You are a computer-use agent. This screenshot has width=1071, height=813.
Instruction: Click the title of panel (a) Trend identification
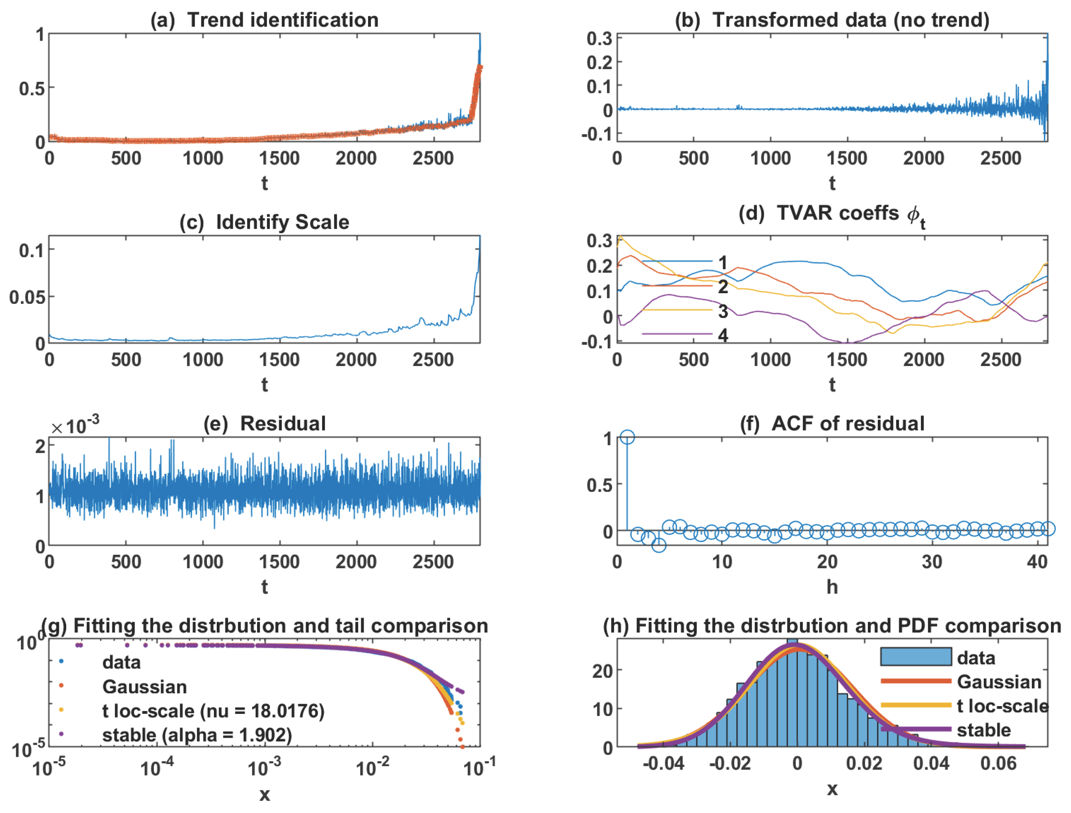pos(264,20)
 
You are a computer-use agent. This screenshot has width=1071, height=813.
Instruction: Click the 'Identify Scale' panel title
pos(264,222)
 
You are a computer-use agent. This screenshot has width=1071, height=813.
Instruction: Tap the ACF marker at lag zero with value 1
pos(627,437)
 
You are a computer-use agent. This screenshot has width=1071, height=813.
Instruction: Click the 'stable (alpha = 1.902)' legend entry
pos(197,735)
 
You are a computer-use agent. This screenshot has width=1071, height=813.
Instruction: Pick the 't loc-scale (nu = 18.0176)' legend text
pos(213,711)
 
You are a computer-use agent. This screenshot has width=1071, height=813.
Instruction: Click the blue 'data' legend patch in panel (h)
pos(916,657)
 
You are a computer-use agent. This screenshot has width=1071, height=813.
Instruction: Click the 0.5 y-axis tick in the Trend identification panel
pos(32,88)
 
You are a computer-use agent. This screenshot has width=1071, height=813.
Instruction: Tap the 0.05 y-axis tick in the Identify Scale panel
pos(27,297)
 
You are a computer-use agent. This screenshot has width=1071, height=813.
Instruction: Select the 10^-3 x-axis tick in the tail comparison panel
pos(264,767)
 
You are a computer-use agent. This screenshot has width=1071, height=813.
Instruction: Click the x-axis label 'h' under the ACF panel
pos(832,587)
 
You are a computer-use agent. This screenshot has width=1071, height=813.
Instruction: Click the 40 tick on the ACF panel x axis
pos(1037,562)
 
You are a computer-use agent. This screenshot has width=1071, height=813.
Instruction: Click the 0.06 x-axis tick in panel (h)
pos(998,764)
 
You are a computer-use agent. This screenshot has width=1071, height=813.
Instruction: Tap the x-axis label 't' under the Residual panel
pos(264,587)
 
